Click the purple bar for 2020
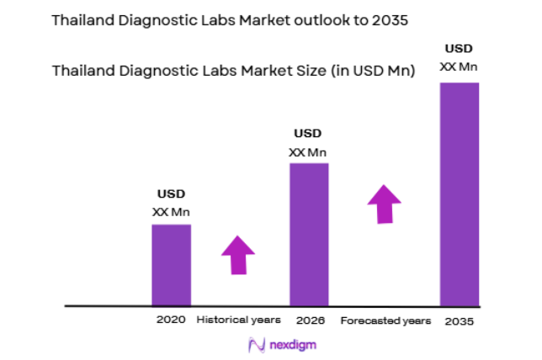pos(171,264)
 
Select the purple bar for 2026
pos(309,234)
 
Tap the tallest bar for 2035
pos(459,193)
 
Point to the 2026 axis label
pos(308,320)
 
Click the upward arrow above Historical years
pos(237,255)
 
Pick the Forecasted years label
pos(385,320)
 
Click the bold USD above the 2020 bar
pos(171,194)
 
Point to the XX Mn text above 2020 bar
pos(171,211)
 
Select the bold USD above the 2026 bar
pos(308,134)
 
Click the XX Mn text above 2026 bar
pos(308,151)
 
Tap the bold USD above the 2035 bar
pos(460,49)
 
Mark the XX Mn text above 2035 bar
pos(460,66)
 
